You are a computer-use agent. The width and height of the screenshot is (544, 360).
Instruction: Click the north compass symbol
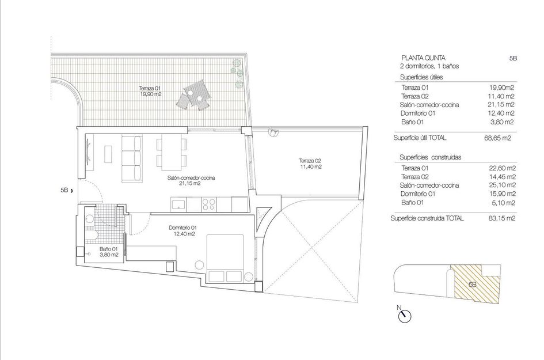point(404,316)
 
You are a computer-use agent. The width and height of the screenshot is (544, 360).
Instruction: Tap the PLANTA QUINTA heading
point(423,58)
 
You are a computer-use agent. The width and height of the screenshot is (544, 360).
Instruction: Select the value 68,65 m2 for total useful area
point(497,138)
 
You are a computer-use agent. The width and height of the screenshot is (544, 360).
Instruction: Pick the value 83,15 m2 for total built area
point(501,218)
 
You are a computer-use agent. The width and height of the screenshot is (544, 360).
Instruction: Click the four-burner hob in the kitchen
point(208,204)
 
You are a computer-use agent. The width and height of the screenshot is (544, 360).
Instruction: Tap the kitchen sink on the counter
point(178,204)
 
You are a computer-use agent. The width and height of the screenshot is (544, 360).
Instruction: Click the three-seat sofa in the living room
point(132,158)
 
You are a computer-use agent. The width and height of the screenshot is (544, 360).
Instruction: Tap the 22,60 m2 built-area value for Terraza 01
point(501,168)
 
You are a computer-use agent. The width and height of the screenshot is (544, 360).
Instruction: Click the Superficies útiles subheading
point(421,77)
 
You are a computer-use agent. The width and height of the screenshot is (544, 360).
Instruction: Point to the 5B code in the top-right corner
point(513,58)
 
